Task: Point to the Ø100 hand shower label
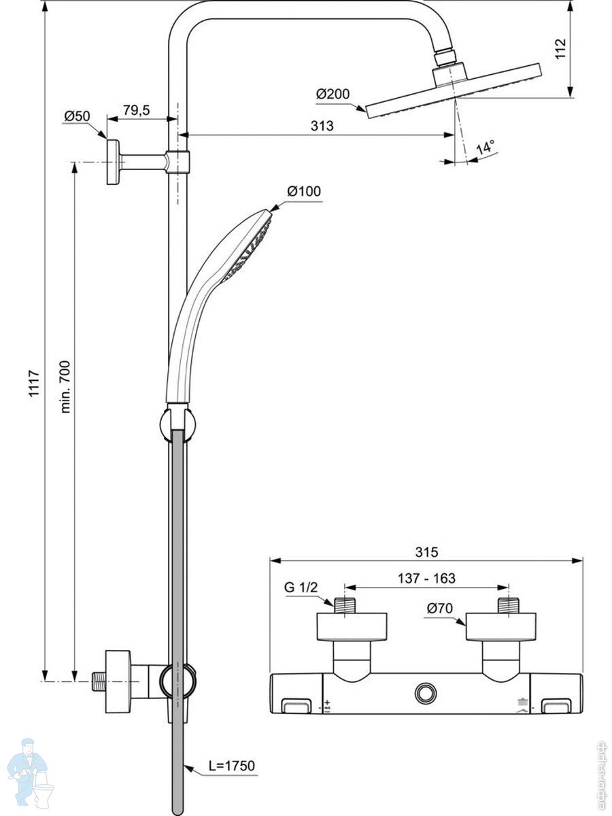pyautogui.click(x=303, y=191)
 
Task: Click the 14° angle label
pyautogui.click(x=485, y=148)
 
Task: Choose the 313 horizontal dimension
pyautogui.click(x=322, y=125)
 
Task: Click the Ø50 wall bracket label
pyautogui.click(x=77, y=116)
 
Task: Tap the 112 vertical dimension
pyautogui.click(x=560, y=49)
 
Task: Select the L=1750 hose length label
pyautogui.click(x=231, y=766)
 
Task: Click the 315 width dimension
pyautogui.click(x=426, y=551)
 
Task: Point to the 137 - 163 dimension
pyautogui.click(x=426, y=579)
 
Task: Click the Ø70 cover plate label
pyautogui.click(x=441, y=609)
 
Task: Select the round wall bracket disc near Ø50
pyautogui.click(x=112, y=162)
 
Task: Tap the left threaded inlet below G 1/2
pyautogui.click(x=345, y=604)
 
